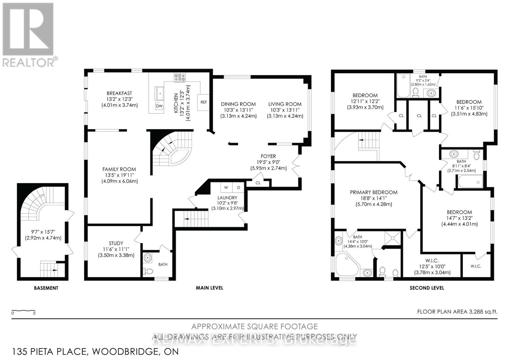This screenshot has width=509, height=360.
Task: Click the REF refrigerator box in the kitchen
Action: pyautogui.click(x=204, y=102)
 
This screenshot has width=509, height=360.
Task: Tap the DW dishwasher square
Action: pyautogui.click(x=159, y=106)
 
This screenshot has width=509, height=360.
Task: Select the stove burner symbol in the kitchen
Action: pyautogui.click(x=180, y=77)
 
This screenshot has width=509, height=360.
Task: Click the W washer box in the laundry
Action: pyautogui.click(x=226, y=187)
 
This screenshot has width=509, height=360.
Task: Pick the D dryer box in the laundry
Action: pyautogui.click(x=238, y=187)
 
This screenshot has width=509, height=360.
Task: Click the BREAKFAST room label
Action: pyautogui.click(x=119, y=93)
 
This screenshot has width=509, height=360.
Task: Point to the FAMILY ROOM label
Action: pyautogui.click(x=119, y=169)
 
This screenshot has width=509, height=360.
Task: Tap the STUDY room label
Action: pyautogui.click(x=116, y=243)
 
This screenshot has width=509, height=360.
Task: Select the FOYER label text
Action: pyautogui.click(x=268, y=156)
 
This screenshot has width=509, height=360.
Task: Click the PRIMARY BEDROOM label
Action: pyautogui.click(x=373, y=192)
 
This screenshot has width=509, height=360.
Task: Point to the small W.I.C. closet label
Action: pyautogui.click(x=476, y=266)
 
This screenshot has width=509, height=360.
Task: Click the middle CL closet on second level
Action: pyautogui.click(x=419, y=116)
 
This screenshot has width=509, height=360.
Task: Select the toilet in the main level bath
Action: pyautogui.click(x=148, y=272)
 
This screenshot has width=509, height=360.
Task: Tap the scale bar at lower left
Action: pyautogui.click(x=23, y=310)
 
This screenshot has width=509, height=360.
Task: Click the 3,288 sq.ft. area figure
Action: pyautogui.click(x=483, y=312)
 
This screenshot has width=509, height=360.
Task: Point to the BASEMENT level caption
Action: pyautogui.click(x=46, y=288)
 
